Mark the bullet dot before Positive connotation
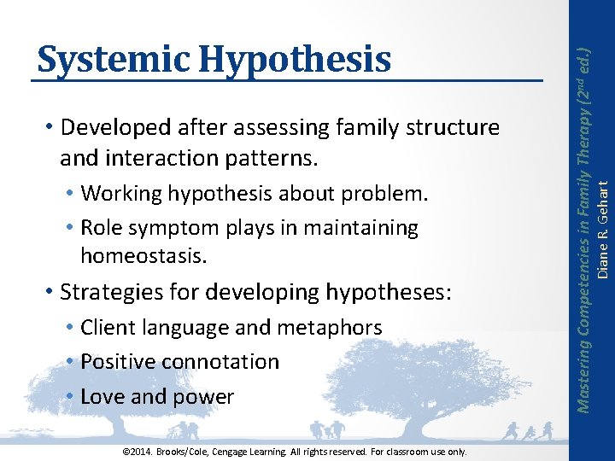pyautogui.click(x=71, y=362)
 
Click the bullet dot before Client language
pyautogui.click(x=71, y=328)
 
